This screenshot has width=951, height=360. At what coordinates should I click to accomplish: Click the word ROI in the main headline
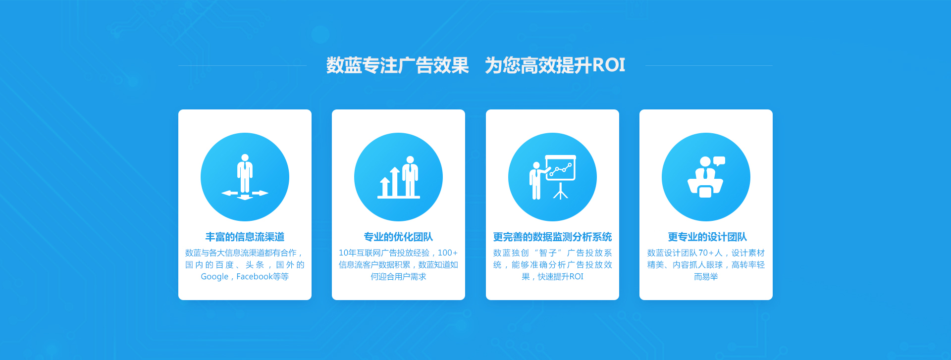click(x=609, y=65)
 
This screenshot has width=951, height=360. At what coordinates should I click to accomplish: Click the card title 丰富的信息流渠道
click(x=245, y=237)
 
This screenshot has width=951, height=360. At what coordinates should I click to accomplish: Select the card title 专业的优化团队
click(x=398, y=237)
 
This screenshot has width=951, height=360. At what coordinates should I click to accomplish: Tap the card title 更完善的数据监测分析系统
click(x=552, y=237)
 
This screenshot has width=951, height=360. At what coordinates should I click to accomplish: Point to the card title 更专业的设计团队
click(x=707, y=237)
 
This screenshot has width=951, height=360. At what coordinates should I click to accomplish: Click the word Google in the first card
click(x=214, y=276)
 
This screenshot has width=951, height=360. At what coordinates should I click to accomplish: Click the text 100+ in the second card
click(x=448, y=253)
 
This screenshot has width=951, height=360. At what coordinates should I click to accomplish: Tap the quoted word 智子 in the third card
click(x=548, y=253)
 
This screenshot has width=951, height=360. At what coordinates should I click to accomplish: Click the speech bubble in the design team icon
click(x=719, y=161)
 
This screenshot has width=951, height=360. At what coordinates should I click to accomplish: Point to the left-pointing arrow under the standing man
click(x=229, y=193)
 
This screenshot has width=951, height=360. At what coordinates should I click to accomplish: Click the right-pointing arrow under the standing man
click(x=260, y=193)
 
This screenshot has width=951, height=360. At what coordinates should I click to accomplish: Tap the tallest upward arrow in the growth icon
click(x=395, y=182)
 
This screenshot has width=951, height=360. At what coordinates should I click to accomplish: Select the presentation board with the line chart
click(x=561, y=168)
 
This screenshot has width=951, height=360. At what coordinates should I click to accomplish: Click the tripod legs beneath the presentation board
click(x=561, y=192)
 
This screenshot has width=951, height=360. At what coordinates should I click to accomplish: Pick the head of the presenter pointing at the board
click(x=536, y=165)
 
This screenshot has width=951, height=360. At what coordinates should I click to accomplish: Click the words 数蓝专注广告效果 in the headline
click(x=397, y=65)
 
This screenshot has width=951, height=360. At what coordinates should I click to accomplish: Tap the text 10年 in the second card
click(x=347, y=253)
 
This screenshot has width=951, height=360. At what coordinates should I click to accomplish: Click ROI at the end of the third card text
click(x=576, y=276)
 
